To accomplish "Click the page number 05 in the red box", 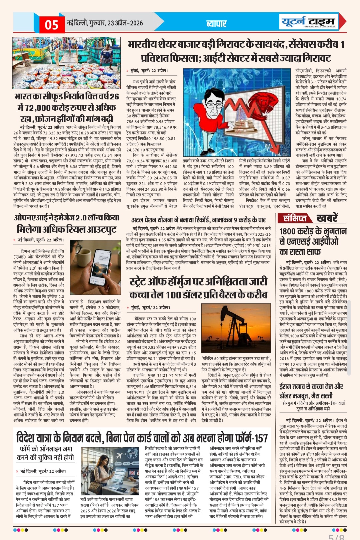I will pos(51,24).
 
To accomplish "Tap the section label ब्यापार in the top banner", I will pos(216,23).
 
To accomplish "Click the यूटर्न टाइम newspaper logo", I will pos(308,22).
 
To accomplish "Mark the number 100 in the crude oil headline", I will pos(173,295).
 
